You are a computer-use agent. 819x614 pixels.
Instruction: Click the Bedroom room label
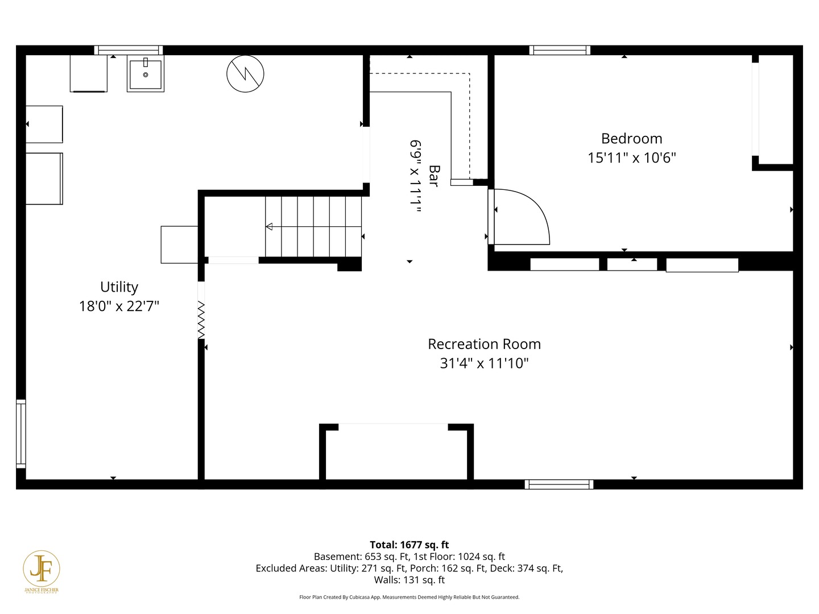coord(631,139)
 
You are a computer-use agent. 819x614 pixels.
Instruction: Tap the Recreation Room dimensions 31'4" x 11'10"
coord(484,363)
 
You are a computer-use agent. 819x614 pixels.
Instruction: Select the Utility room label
coord(119,287)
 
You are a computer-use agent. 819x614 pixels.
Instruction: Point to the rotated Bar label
coord(434,176)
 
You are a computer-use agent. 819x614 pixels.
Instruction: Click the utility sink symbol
coord(146,74)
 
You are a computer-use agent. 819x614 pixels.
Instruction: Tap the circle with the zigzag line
coord(245,74)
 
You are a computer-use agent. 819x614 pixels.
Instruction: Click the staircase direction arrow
coord(270,227)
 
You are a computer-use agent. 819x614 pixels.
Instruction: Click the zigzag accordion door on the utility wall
coord(201,320)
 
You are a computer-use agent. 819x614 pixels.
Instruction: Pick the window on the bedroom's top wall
coord(560,50)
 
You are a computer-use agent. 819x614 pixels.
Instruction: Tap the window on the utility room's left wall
coord(21,433)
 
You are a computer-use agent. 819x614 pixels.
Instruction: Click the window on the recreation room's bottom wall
coord(559,484)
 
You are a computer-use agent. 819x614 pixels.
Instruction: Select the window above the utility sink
coord(129,50)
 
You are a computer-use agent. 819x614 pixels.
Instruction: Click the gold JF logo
coord(42,570)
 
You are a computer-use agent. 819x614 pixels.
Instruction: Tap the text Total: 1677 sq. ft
coord(409,545)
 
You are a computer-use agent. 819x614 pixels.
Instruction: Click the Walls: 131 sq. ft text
coord(409,580)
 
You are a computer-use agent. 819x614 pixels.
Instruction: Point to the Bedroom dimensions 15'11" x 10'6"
coord(631,158)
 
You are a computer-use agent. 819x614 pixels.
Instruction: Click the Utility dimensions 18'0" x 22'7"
coord(119,306)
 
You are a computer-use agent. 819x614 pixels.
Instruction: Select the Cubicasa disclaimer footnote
coord(409,597)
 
